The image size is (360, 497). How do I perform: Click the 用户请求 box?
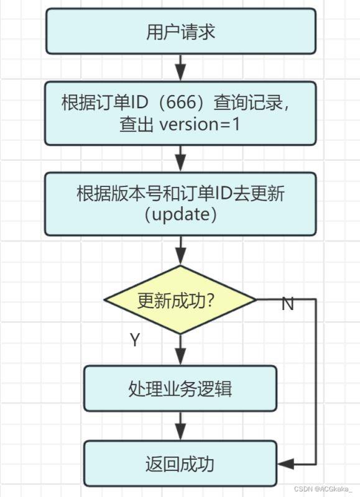coord(181,31)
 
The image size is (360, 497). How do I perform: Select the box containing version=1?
coord(180,114)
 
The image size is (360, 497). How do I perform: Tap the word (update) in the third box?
coord(181,214)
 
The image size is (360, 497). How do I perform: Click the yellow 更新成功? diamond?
coord(180,299)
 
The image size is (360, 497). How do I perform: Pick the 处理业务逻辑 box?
coord(180,389)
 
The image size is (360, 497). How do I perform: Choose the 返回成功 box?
coord(180,463)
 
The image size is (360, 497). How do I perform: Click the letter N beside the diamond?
coord(288,304)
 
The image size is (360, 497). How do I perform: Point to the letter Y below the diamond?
coord(135,340)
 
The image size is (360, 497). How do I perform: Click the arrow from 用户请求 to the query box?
coord(180,68)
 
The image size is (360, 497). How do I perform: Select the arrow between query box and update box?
coord(180,159)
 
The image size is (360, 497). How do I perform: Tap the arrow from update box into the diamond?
coord(180,250)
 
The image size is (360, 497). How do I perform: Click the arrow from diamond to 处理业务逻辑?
coord(180,350)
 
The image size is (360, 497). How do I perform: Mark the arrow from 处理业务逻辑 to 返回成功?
coord(180,426)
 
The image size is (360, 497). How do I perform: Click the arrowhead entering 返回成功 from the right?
coord(285,464)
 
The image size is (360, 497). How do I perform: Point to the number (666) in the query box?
coord(181,103)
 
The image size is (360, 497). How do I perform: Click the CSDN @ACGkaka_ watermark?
coord(323,488)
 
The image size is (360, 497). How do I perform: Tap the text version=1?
coord(200,124)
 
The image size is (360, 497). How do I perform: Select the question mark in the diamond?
coord(210,300)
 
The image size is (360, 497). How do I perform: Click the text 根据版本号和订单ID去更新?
coord(181,193)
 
